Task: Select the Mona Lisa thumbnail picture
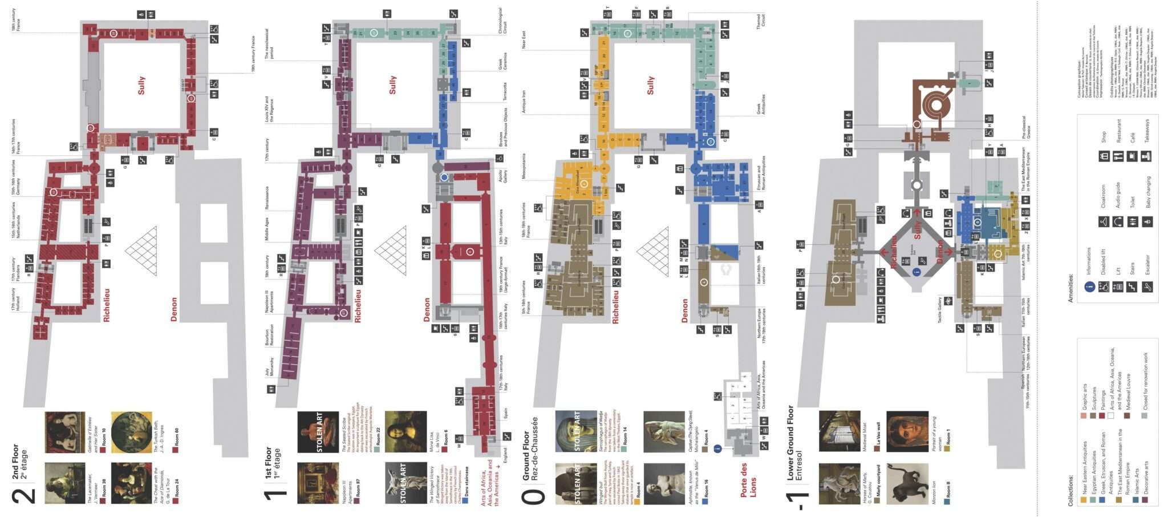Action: (406, 431)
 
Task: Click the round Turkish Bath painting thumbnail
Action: (132, 433)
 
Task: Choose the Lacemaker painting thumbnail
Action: (65, 483)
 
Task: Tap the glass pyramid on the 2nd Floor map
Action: (141, 250)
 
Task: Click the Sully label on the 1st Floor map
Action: (392, 84)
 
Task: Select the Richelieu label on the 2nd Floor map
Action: (107, 305)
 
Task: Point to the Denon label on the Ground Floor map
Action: (685, 310)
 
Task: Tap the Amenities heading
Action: (1070, 288)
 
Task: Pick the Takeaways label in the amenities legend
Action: (1146, 131)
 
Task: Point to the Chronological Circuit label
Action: (502, 21)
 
